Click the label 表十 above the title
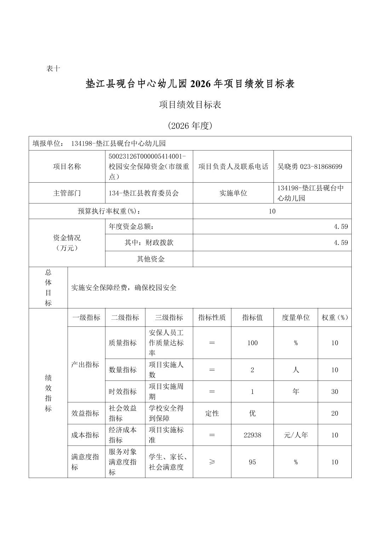(x=53, y=69)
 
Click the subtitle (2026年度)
(x=190, y=126)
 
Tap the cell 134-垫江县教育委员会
(x=144, y=193)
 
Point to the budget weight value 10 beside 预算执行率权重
(x=272, y=211)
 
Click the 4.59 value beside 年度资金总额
(x=341, y=226)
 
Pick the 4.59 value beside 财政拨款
(x=341, y=243)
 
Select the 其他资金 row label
(x=151, y=259)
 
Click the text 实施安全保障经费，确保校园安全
(x=124, y=288)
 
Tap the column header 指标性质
(x=212, y=317)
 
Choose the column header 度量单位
(x=295, y=317)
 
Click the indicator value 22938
(x=252, y=435)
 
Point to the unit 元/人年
(x=295, y=435)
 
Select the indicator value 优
(x=252, y=413)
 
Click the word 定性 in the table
(x=212, y=413)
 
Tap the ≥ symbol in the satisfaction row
(x=212, y=462)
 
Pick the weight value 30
(x=334, y=391)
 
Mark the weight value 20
(x=334, y=413)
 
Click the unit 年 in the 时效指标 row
(x=295, y=391)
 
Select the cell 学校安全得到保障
(x=166, y=413)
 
